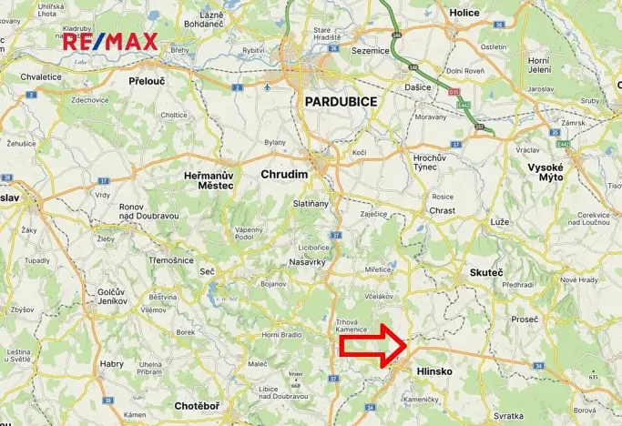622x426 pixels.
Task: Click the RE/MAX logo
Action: coord(110,41)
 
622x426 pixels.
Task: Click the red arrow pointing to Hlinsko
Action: coord(374,347)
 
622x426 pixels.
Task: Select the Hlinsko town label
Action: coord(433,371)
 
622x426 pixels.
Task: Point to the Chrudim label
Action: coord(284,173)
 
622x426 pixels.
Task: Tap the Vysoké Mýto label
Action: coord(546,173)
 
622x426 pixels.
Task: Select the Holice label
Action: coord(464,13)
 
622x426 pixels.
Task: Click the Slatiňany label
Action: coord(312,204)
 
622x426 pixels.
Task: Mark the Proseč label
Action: coord(525,319)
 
